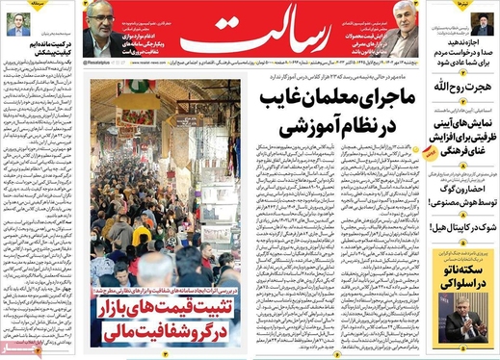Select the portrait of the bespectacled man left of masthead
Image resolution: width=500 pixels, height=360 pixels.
[x=99, y=37]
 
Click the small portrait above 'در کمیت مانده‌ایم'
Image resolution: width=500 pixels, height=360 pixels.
[x=16, y=24]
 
